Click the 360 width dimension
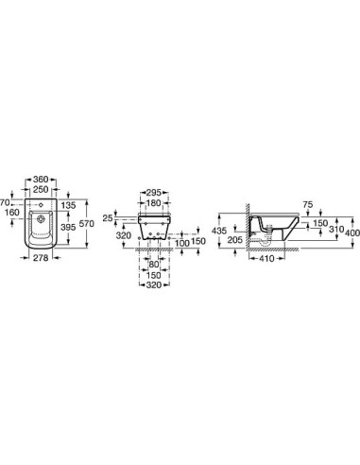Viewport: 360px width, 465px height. [41, 180]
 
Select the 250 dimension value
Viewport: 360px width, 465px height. [41, 189]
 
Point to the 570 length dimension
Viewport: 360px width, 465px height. [87, 223]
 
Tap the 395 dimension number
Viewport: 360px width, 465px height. [68, 227]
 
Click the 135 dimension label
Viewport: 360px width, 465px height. [68, 205]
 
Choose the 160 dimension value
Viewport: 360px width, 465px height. [12, 212]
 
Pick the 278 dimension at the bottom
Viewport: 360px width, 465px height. [41, 258]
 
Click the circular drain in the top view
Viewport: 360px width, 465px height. [41, 218]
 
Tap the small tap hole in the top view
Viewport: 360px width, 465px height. [41, 205]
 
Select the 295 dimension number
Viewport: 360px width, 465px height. [154, 193]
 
